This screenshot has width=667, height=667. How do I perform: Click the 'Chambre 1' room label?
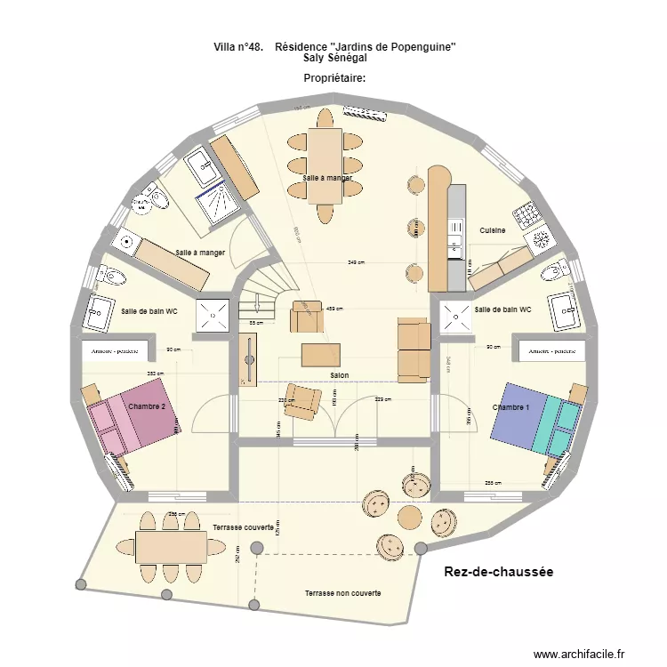[510, 407]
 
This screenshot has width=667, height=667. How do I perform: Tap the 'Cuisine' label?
[493, 230]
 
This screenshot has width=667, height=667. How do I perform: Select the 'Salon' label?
[339, 376]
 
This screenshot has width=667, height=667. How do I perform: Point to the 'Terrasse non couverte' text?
[342, 592]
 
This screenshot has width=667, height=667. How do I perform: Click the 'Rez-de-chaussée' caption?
[498, 573]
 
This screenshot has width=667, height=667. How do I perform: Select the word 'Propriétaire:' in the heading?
[335, 78]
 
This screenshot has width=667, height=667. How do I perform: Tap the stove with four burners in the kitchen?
[526, 214]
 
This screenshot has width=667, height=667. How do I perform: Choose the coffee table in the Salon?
[320, 355]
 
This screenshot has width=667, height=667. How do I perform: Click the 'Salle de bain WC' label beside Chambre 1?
[502, 309]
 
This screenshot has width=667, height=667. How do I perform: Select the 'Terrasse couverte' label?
[242, 528]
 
